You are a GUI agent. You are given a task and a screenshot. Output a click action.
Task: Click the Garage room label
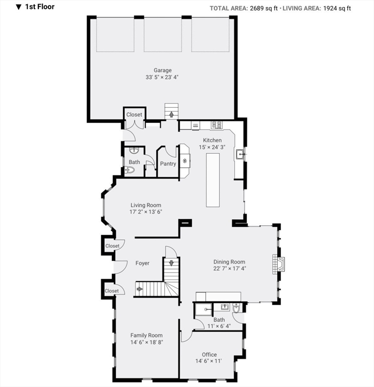pyautogui.click(x=163, y=71)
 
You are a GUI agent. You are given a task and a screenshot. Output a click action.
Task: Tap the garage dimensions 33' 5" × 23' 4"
pyautogui.click(x=163, y=78)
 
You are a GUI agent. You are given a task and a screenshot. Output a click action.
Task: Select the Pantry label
pyautogui.click(x=168, y=164)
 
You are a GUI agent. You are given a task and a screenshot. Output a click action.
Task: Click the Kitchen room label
pyautogui.click(x=212, y=140)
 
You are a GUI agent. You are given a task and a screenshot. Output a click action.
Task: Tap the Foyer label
pyautogui.click(x=143, y=263)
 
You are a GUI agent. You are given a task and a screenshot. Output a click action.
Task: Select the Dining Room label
pyautogui.click(x=229, y=262)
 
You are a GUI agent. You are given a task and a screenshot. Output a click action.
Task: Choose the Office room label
pyautogui.click(x=209, y=354)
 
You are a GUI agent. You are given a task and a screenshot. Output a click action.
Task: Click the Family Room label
pyautogui.click(x=147, y=335)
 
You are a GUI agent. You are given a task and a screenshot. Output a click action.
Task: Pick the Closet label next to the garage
pyautogui.click(x=134, y=115)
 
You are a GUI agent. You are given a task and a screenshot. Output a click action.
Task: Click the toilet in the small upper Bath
pyautogui.click(x=130, y=170)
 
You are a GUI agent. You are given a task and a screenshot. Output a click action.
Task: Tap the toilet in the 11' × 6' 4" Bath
pyautogui.click(x=236, y=308)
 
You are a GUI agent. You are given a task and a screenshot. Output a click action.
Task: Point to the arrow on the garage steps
pyautogui.click(x=171, y=114)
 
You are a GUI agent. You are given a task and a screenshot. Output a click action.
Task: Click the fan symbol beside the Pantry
pyautogui.click(x=185, y=161)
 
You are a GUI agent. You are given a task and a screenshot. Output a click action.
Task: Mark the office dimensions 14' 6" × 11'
pyautogui.click(x=209, y=361)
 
